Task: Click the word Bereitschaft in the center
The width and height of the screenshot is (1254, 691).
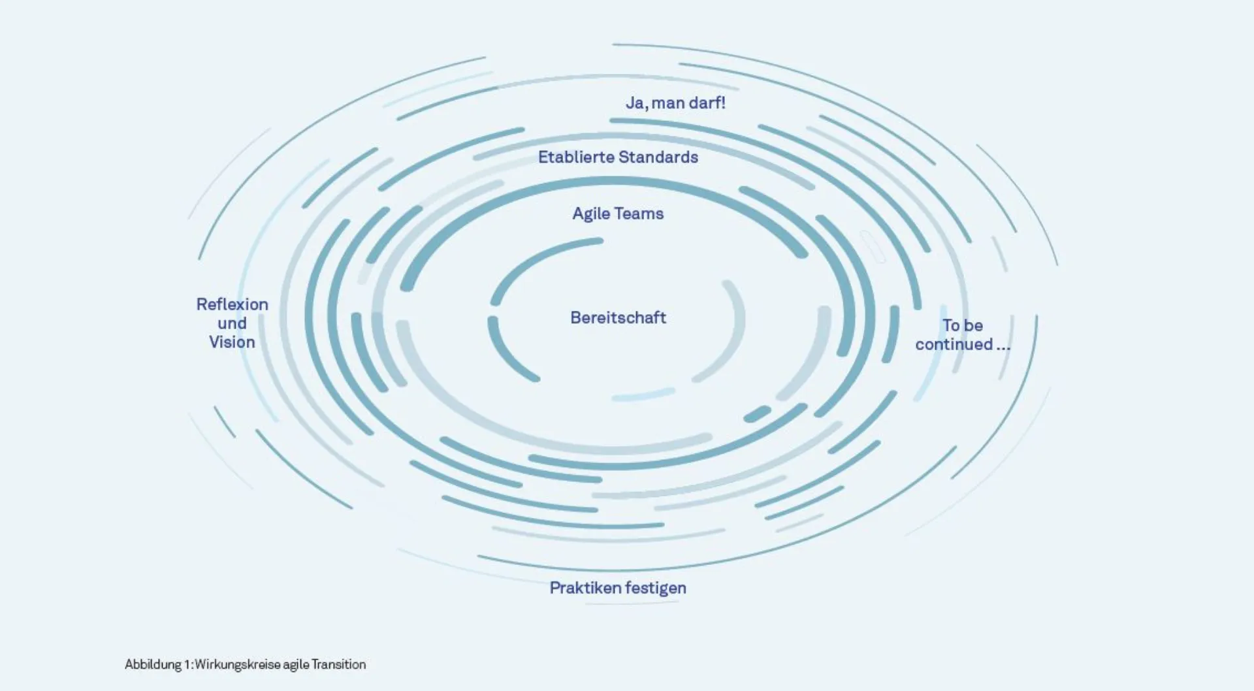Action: coord(618,318)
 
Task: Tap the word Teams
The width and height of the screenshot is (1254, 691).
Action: coord(639,214)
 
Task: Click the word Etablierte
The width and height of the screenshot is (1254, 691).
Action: coord(575,157)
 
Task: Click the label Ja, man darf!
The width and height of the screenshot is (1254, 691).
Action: coord(675,103)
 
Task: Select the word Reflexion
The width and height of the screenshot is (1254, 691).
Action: coord(232,304)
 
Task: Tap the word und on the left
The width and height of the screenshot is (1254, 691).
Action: coord(232,323)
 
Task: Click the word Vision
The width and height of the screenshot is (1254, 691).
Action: coord(232,342)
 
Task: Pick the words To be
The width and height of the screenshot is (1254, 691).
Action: coord(962,325)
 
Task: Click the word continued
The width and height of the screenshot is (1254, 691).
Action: coord(954,344)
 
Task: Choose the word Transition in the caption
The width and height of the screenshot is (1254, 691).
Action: coord(338,665)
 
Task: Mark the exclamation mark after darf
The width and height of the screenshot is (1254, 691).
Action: coord(723,103)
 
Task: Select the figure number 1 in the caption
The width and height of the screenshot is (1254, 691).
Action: coord(187,665)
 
